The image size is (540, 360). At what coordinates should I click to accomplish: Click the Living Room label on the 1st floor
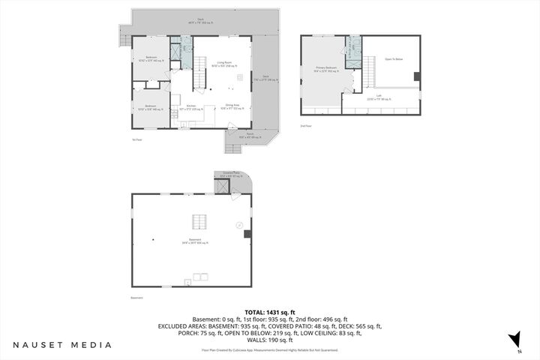[223, 64]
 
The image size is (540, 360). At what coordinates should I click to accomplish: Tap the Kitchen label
[192, 106]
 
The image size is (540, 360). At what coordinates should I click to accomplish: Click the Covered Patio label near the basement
[231, 174]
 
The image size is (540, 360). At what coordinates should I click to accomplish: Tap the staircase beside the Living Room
[200, 76]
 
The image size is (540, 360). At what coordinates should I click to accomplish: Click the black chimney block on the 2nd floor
[416, 75]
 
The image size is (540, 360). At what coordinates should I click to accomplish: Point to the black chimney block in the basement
[247, 233]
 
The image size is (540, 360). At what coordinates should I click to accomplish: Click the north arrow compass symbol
[514, 340]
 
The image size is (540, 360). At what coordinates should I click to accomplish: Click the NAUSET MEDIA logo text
[62, 345]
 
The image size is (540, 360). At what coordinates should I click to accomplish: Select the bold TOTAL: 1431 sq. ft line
[270, 312]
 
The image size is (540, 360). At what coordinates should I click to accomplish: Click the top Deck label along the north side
[200, 20]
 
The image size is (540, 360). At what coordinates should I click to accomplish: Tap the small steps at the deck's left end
[124, 34]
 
